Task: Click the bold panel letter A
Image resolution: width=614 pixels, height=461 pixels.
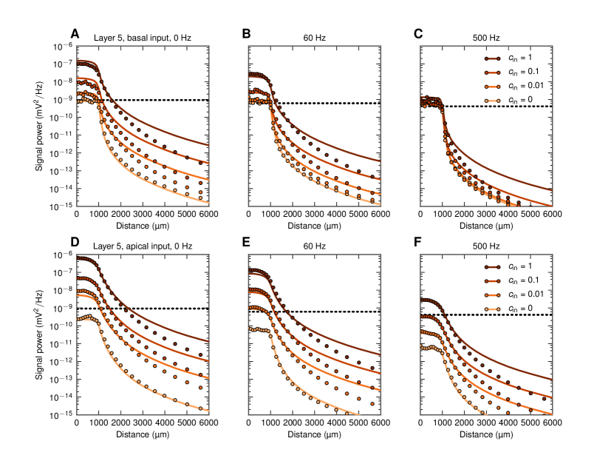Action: pos(75,33)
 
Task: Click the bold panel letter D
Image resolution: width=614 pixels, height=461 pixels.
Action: pos(75,243)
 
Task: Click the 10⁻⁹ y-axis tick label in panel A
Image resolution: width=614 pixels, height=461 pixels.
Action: pos(63,100)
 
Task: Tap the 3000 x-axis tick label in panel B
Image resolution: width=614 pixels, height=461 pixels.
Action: pos(314,215)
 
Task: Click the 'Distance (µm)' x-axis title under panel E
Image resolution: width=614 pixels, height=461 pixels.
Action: pos(314,436)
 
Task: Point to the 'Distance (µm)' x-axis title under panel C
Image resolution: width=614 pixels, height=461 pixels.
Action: pos(485,226)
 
